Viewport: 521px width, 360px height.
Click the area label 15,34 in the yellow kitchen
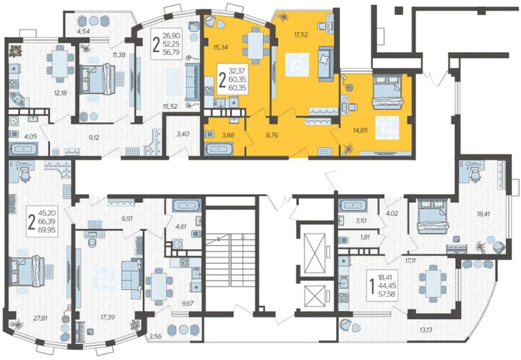[220, 48]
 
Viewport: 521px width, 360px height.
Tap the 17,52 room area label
[301, 35]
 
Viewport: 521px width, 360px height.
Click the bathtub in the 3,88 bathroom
[218, 149]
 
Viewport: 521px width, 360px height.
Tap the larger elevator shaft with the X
[315, 253]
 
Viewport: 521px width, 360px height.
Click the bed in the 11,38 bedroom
[99, 79]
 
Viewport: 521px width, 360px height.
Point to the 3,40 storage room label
[183, 134]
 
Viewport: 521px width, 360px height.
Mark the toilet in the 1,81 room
[343, 240]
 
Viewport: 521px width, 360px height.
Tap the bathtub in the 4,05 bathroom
[23, 148]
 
